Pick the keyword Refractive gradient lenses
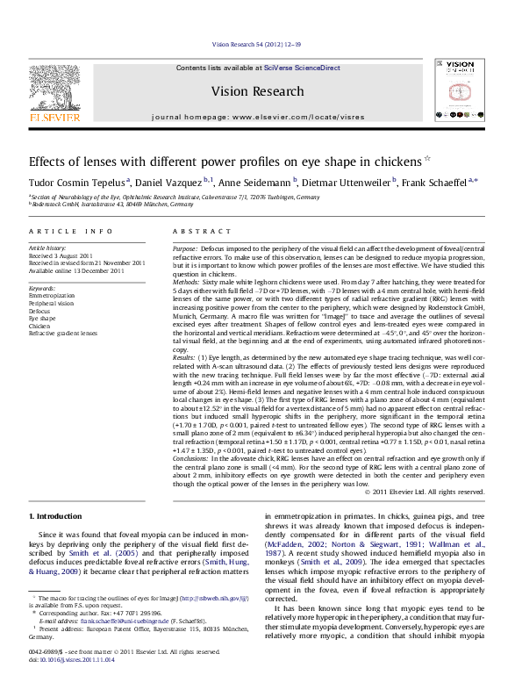[x=63, y=334]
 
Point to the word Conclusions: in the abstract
[x=190, y=458]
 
